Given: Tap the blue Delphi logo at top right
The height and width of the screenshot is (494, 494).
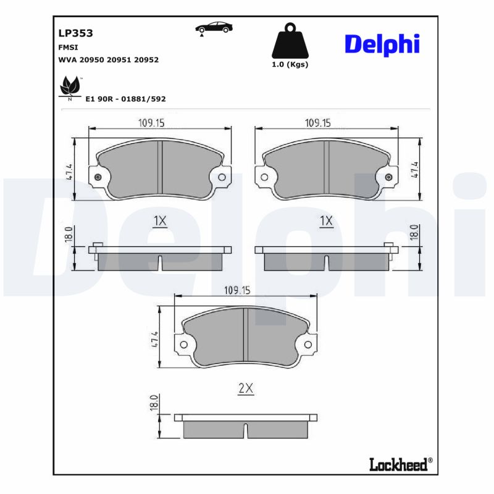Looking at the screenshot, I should point(382,44).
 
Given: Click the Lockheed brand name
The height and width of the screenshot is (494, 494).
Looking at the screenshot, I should point(398,465).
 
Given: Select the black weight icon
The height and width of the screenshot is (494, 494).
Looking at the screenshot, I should point(290,41).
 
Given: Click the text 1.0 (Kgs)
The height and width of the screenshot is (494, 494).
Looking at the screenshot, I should point(290,64).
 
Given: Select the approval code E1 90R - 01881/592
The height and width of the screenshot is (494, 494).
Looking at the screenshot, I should point(125,99).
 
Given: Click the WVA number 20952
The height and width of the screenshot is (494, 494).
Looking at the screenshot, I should point(147,60).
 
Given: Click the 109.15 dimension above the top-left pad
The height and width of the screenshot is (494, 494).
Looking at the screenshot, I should point(151,123).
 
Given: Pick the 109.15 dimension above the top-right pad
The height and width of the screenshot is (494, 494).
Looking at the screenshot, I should point(317,123).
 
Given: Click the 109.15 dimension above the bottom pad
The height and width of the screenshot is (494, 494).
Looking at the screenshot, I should point(237,290).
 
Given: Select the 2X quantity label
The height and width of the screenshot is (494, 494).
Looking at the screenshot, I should point(246,388).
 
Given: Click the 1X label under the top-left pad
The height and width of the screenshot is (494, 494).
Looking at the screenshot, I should point(160,221).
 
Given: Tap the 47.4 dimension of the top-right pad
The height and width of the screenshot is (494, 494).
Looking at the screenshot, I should point(416,169).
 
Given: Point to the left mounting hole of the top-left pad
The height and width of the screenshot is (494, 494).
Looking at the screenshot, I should point(98,178).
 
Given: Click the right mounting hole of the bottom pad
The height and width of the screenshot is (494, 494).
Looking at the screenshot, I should point(308,345).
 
